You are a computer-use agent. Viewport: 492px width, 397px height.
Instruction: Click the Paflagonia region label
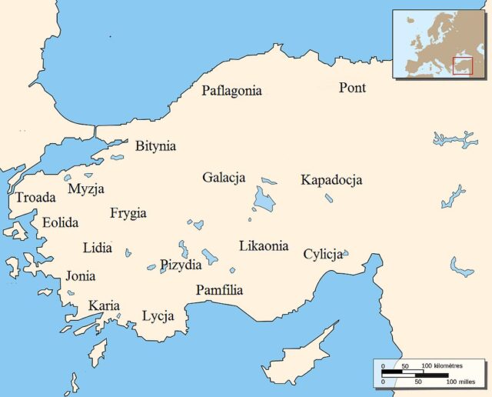point(231,91)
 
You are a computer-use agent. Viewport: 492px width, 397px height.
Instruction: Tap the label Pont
point(352,88)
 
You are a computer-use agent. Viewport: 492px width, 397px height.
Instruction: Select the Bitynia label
point(155,146)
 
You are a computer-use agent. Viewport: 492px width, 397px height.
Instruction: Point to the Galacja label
point(224,178)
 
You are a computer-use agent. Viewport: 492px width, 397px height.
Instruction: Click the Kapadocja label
point(331,181)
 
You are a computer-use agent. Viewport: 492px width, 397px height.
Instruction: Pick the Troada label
point(35,198)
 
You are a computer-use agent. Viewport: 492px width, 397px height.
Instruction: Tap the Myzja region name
point(86,188)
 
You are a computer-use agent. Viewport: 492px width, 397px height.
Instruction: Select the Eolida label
point(60,222)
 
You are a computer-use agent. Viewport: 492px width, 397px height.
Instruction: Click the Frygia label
point(128,213)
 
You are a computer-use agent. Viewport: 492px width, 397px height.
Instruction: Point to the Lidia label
point(97,248)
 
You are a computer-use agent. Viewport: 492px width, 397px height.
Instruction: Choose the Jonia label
point(81,275)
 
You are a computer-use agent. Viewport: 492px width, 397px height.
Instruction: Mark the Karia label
point(104,306)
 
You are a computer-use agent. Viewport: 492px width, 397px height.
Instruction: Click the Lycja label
point(158,316)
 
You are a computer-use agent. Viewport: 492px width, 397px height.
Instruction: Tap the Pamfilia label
point(219,290)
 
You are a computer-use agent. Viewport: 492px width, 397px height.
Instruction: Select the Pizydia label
point(181,265)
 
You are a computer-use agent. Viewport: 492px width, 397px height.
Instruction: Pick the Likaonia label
point(264,246)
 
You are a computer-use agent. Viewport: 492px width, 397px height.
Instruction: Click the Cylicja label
point(322,255)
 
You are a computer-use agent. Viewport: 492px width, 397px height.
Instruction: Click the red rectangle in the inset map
point(462,67)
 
